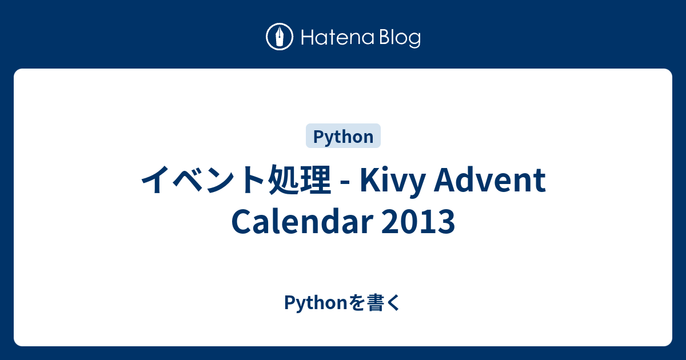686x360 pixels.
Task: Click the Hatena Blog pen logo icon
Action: pos(280,38)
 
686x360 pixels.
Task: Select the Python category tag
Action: pos(344,137)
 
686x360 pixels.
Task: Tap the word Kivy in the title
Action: pos(393,181)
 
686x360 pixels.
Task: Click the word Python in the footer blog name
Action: pos(316,304)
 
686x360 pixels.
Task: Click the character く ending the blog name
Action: pos(394,303)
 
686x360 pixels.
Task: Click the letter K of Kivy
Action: pos(369,181)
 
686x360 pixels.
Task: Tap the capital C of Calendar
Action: pos(242,222)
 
